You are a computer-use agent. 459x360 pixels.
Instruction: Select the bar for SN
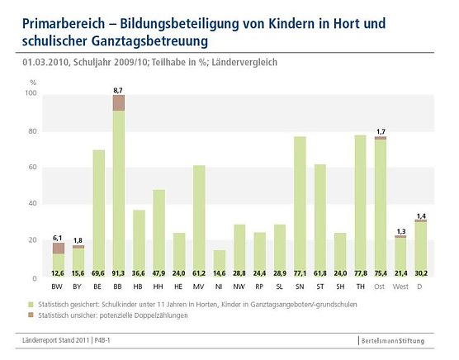300,206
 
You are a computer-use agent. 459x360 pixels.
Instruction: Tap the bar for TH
361,206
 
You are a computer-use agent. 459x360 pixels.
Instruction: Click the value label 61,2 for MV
199,272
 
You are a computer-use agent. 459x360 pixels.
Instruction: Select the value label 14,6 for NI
220,272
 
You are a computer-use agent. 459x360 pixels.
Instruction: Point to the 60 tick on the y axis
33,168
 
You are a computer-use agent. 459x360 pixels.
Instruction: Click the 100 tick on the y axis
31,94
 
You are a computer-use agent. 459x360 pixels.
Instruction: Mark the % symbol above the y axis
34,83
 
